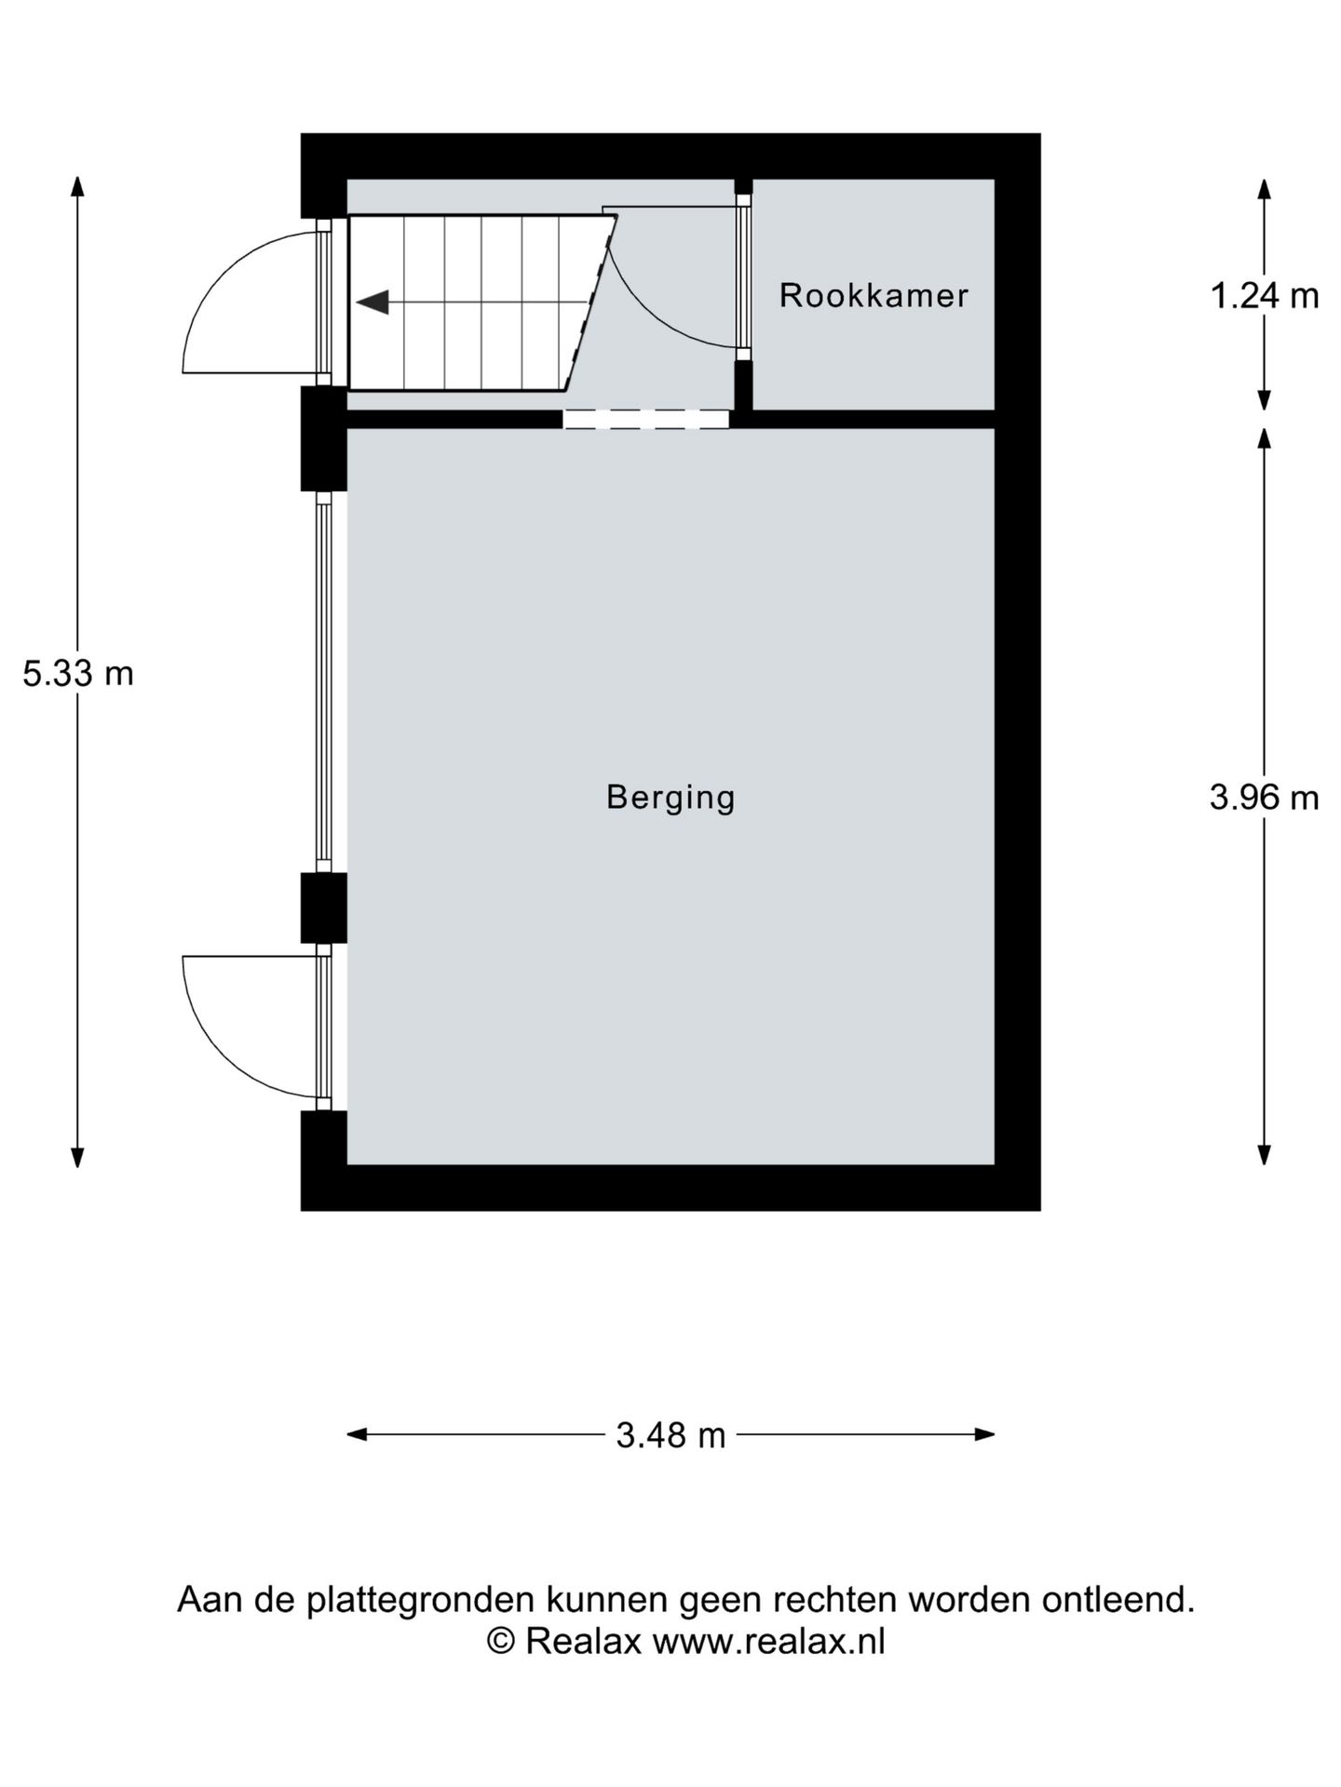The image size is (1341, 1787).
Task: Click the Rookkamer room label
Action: coord(874,296)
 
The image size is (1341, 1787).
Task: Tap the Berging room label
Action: coord(670,798)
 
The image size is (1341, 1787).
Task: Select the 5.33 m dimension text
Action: coord(78,673)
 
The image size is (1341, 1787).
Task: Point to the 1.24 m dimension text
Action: coord(1265,296)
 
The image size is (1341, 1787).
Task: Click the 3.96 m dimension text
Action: coord(1265,798)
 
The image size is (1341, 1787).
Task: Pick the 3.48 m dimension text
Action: coord(670,1435)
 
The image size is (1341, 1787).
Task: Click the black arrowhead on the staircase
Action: coord(372,302)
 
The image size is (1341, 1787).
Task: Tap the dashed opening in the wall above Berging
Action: coord(646,420)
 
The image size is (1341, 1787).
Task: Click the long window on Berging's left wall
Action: coord(323,682)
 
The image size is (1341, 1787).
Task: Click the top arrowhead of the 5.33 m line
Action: coord(78,186)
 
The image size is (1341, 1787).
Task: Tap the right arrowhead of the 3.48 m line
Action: coord(985,1434)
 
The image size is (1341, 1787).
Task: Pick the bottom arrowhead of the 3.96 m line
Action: coord(1265,1154)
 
